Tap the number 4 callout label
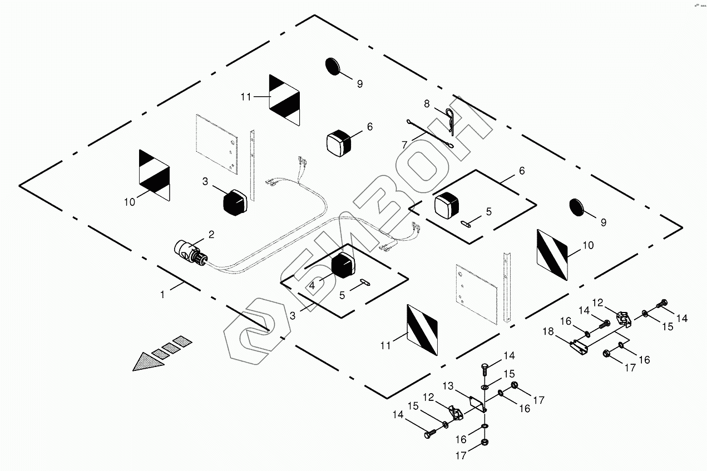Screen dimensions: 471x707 click(313, 286)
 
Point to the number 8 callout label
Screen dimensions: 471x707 click(427, 103)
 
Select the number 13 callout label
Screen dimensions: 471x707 click(448, 386)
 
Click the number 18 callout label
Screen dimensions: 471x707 click(549, 332)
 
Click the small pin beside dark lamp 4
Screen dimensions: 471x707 click(364, 282)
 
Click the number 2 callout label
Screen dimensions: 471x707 click(211, 234)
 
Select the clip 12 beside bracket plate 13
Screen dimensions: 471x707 click(458, 412)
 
